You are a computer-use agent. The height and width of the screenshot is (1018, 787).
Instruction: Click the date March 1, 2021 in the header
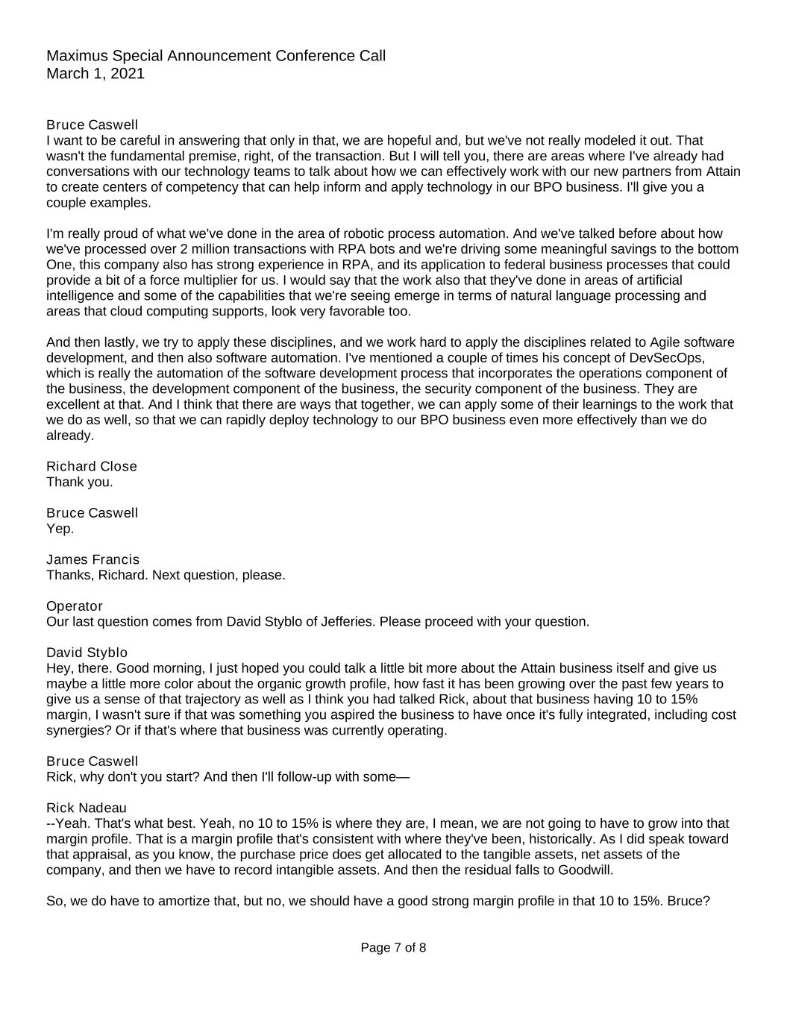pyautogui.click(x=95, y=74)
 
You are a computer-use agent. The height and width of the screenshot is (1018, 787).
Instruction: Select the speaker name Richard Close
pyautogui.click(x=92, y=466)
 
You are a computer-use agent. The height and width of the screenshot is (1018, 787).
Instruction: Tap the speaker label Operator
pyautogui.click(x=75, y=606)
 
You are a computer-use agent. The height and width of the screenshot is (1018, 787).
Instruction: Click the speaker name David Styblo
pyautogui.click(x=87, y=653)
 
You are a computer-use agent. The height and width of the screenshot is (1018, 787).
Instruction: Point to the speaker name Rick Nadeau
pyautogui.click(x=87, y=808)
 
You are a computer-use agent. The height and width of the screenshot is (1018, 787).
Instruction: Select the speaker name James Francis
pyautogui.click(x=93, y=559)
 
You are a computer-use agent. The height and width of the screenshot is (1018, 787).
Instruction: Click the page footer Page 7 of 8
pyautogui.click(x=393, y=948)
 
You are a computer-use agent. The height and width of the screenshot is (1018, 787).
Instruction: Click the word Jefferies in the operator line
pyautogui.click(x=350, y=622)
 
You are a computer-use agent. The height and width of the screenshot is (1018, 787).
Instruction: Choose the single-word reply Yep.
pyautogui.click(x=60, y=529)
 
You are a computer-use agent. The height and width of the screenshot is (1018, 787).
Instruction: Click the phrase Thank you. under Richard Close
pyautogui.click(x=80, y=482)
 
